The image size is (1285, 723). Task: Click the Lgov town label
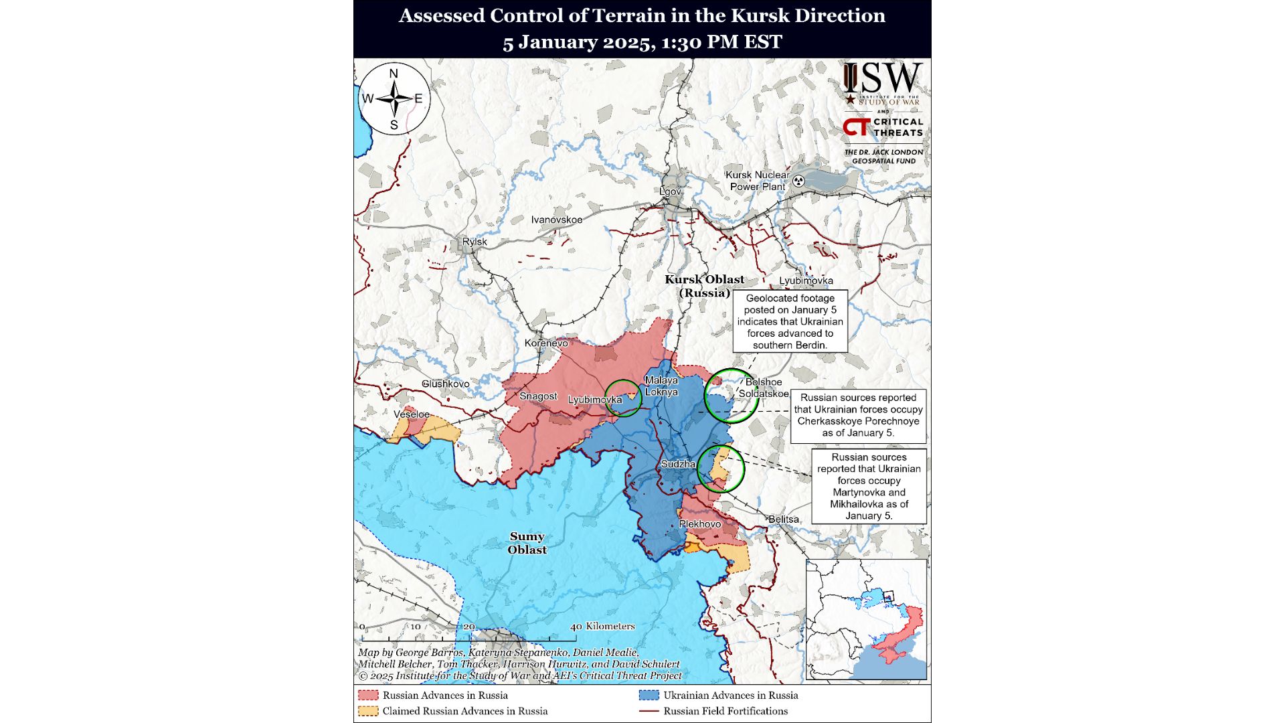670,191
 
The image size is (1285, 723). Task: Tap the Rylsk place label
475,242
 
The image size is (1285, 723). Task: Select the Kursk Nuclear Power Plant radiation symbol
798,180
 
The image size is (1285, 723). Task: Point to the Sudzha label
678,464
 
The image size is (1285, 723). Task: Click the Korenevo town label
546,343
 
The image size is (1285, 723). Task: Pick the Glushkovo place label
445,384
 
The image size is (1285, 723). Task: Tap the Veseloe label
412,414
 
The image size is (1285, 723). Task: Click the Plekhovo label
700,524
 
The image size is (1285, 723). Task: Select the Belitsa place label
783,519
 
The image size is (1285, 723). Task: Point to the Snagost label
538,396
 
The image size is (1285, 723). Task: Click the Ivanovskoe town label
556,220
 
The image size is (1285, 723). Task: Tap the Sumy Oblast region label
527,543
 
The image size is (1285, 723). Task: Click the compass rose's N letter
394,74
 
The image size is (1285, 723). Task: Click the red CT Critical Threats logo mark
856,127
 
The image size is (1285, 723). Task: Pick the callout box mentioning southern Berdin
790,321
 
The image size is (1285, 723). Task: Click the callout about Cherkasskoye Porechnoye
858,416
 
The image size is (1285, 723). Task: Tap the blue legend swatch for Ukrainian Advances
649,695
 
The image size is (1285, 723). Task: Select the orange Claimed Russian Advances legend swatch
367,711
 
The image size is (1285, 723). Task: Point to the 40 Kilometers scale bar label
602,627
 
